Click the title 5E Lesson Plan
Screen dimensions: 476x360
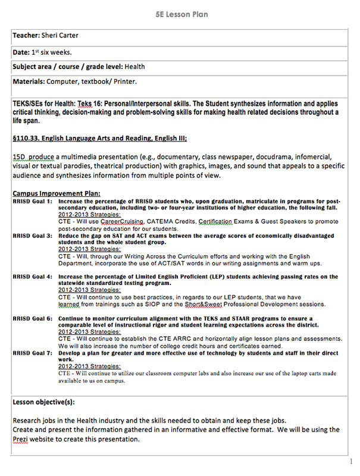180,14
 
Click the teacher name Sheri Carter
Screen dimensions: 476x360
61,36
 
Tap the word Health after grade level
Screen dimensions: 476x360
135,67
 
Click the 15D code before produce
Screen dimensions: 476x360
19,156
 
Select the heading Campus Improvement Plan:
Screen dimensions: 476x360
56,193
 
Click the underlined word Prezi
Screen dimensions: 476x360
22,440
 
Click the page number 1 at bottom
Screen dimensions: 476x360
351,461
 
